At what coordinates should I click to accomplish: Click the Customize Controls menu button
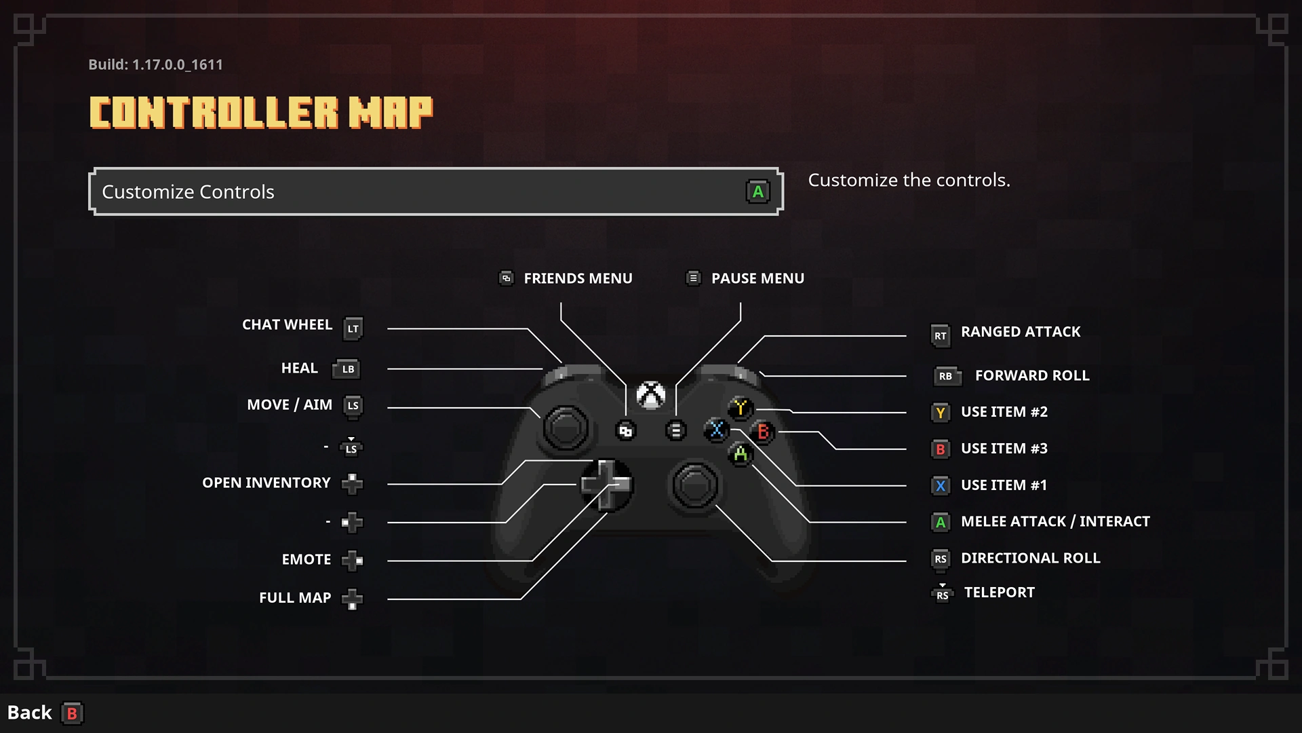(x=436, y=191)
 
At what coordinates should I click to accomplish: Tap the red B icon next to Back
(x=72, y=713)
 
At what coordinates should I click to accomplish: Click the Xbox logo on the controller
(x=651, y=395)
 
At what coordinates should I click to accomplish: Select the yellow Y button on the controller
(x=740, y=408)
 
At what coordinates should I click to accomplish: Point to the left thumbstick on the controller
(x=566, y=428)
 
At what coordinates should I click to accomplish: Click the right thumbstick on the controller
(x=694, y=485)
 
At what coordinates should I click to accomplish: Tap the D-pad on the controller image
(x=606, y=485)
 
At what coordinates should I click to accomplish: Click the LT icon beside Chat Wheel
(x=353, y=328)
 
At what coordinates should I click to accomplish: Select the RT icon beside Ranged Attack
(x=941, y=335)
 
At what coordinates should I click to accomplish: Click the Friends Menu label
(x=578, y=278)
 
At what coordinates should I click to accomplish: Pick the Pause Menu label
(x=757, y=278)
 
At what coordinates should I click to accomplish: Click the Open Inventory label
(x=267, y=483)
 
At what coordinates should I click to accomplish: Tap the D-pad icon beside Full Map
(x=352, y=599)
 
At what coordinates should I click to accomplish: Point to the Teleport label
(x=1000, y=593)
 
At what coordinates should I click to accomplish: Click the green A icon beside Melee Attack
(x=941, y=522)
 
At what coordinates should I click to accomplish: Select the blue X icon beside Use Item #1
(x=941, y=485)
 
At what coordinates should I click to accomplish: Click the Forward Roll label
(x=1032, y=375)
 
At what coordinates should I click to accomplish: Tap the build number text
(x=155, y=64)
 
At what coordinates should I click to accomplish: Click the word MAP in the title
(x=391, y=113)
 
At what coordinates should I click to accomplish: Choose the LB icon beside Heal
(x=346, y=369)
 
